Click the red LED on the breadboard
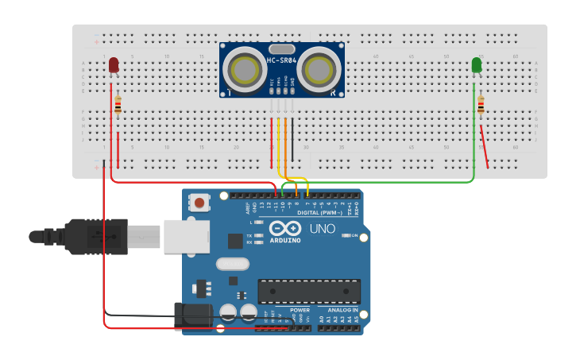(x=114, y=64)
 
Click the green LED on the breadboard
(x=477, y=64)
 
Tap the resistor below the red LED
(x=118, y=105)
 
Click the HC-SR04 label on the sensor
(x=281, y=61)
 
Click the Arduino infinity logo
(x=284, y=228)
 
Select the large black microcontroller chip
(x=309, y=291)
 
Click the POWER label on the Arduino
(x=300, y=310)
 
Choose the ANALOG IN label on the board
(x=344, y=310)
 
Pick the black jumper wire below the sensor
(x=292, y=139)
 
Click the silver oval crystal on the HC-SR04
(x=281, y=49)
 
